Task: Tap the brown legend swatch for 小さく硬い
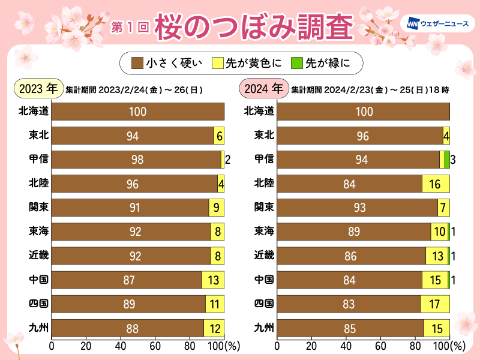(137, 62)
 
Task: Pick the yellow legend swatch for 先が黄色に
(215, 62)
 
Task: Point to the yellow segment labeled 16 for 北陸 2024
(436, 184)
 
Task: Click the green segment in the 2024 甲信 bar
(447, 160)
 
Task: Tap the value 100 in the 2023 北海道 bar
(138, 112)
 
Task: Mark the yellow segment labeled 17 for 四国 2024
(434, 304)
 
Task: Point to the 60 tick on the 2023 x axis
(155, 346)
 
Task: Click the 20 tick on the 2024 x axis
(311, 346)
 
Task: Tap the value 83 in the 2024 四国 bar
(349, 304)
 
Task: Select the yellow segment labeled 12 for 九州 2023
(214, 328)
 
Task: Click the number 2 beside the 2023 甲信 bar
(228, 160)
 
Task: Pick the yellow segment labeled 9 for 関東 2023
(217, 208)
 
